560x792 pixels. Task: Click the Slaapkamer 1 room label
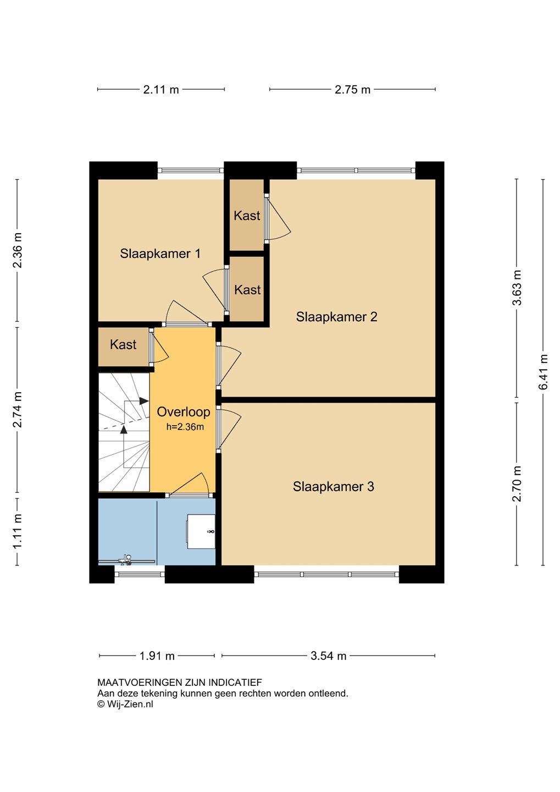point(160,254)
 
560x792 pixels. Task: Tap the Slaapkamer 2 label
point(336,317)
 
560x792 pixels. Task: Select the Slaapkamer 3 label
point(333,487)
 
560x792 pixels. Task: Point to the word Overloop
point(184,411)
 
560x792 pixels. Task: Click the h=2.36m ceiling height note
point(185,427)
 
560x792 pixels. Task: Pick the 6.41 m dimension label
point(543,372)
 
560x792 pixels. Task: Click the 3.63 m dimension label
point(517,288)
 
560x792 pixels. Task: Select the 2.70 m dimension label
point(517,483)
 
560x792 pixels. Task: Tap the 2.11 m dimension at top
point(161,90)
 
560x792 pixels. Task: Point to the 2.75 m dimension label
point(353,90)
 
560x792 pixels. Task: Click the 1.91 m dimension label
point(157,656)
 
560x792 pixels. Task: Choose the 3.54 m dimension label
point(328,656)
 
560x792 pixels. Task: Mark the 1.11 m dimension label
point(18,531)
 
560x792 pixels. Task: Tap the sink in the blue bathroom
point(201,532)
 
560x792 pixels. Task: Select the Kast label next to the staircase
point(123,344)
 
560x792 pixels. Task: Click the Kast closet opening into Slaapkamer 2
point(247,216)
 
